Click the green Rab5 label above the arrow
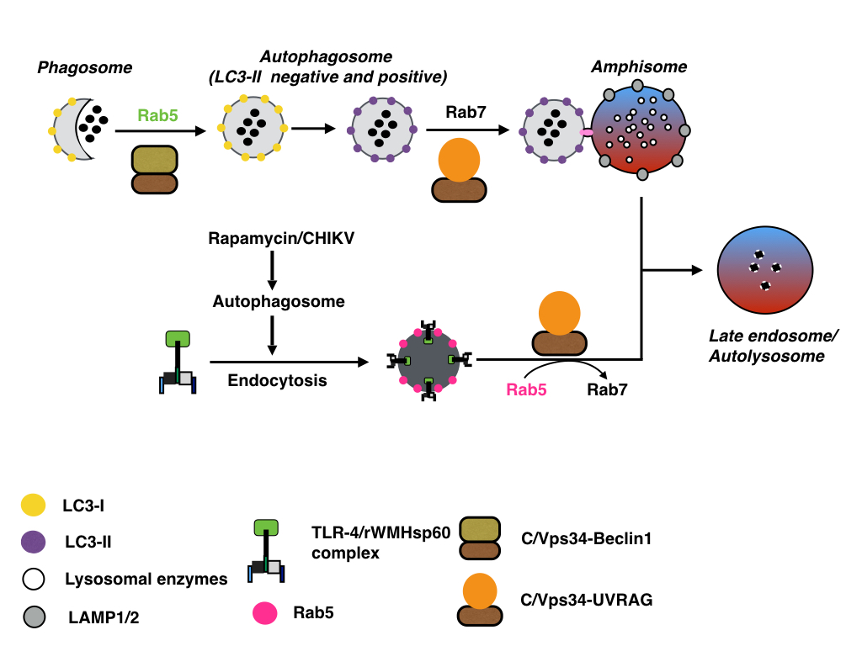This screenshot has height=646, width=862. [x=158, y=116]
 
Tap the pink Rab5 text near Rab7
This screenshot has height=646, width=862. [x=527, y=389]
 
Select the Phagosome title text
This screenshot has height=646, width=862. [x=85, y=66]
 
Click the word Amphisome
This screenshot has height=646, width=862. [x=639, y=67]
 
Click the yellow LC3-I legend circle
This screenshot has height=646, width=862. [x=33, y=506]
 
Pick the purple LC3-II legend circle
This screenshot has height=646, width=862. [x=33, y=543]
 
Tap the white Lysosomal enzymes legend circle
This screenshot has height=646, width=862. [x=33, y=580]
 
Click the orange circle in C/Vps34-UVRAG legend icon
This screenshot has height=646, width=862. [x=479, y=591]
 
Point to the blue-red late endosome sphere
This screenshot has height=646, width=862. [x=765, y=270]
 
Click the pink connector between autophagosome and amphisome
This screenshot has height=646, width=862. [x=587, y=131]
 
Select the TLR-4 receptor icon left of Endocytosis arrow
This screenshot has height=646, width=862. [x=178, y=363]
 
